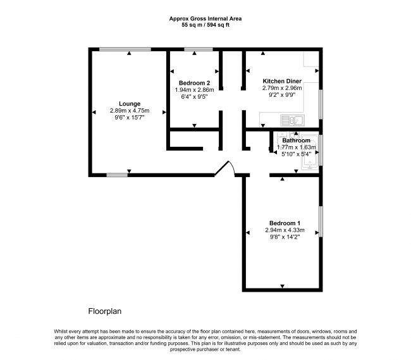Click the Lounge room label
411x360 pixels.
pyautogui.click(x=130, y=104)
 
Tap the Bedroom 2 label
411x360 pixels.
pyautogui.click(x=194, y=83)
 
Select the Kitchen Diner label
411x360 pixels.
pyautogui.click(x=282, y=81)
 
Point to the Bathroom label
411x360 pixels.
pyautogui.click(x=296, y=140)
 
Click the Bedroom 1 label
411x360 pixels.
pyautogui.click(x=285, y=223)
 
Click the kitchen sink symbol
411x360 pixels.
pyautogui.click(x=293, y=120)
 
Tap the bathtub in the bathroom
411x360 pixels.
pyautogui.click(x=310, y=152)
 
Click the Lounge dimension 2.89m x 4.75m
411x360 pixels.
pyautogui.click(x=130, y=111)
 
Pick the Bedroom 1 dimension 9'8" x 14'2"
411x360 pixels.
pyautogui.click(x=285, y=237)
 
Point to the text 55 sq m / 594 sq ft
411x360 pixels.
pyautogui.click(x=205, y=25)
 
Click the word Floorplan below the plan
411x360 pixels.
pyautogui.click(x=105, y=311)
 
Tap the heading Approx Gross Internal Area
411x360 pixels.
pyautogui.click(x=205, y=18)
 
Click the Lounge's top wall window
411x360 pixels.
pyautogui.click(x=125, y=49)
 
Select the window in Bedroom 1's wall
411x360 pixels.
pyautogui.click(x=321, y=221)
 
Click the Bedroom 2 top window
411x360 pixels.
pyautogui.click(x=199, y=49)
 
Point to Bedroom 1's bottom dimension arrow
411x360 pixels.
pyautogui.click(x=282, y=287)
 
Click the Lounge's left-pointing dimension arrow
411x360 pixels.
pyautogui.click(x=94, y=112)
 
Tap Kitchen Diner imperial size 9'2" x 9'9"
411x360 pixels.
pyautogui.click(x=282, y=95)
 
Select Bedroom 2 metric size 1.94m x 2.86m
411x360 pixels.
pyautogui.click(x=194, y=90)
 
